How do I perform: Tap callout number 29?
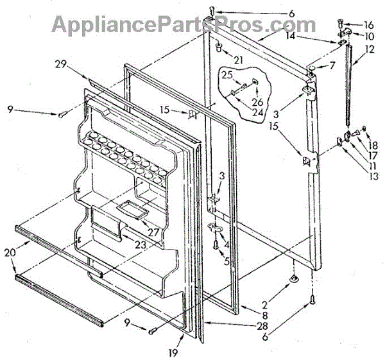60,65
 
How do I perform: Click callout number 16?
368,24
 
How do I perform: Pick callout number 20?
9,252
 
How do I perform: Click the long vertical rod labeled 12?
348,83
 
